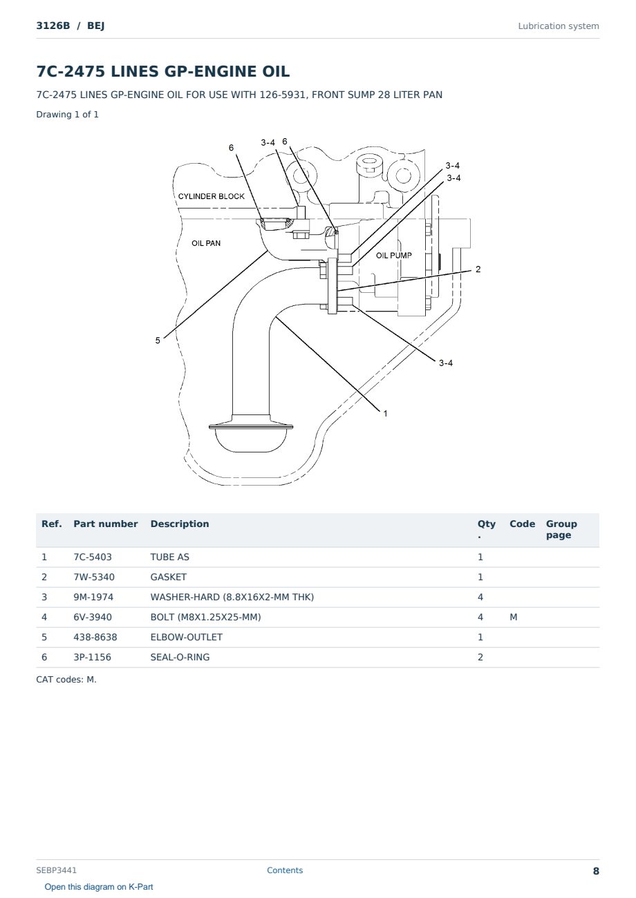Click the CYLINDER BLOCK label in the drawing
[211, 196]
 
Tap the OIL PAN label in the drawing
[206, 243]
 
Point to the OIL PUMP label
[393, 256]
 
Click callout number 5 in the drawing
[158, 341]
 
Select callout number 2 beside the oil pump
[478, 269]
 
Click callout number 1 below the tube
[385, 413]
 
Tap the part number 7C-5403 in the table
[93, 557]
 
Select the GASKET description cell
[169, 577]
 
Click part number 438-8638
[95, 637]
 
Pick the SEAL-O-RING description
[180, 657]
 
